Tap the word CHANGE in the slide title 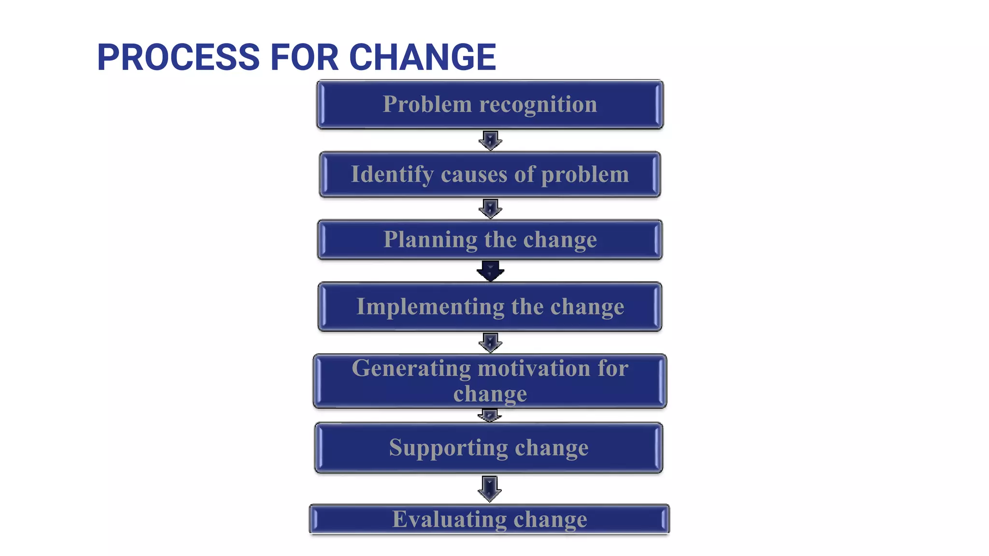pos(423,57)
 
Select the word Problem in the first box pos(427,104)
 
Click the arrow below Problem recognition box pos(490,140)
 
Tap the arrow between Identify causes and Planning pos(490,208)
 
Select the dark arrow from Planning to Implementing pos(490,271)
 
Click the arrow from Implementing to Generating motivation pos(490,342)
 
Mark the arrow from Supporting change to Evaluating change pos(490,488)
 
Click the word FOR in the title pos(304,57)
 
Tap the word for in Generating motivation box pos(613,368)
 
